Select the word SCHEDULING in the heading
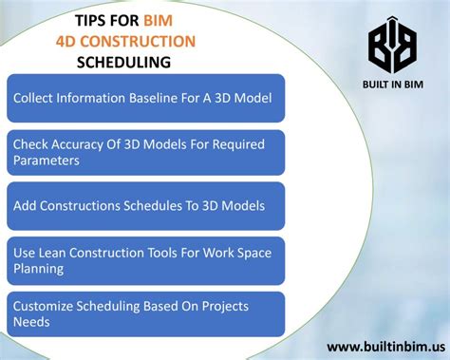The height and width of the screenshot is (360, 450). coord(125,63)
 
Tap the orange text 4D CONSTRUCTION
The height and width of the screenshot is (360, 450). coord(125,41)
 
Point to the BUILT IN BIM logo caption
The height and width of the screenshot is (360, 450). coord(391,87)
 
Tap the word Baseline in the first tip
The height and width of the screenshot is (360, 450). coord(161,98)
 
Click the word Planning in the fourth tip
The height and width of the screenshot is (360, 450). coord(39,269)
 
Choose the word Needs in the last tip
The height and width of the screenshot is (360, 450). coord(32,322)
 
